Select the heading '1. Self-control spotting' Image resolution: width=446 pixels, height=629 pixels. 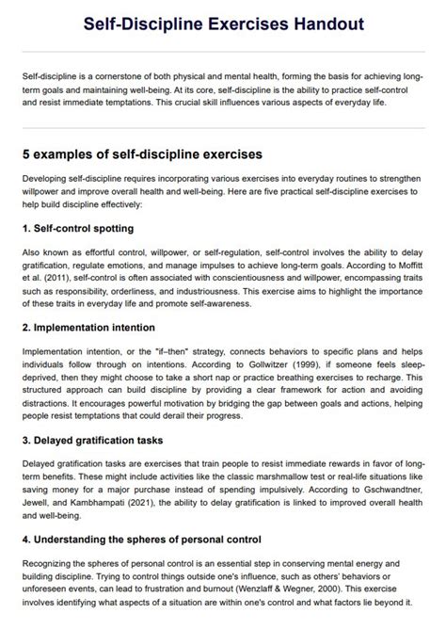77,229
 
